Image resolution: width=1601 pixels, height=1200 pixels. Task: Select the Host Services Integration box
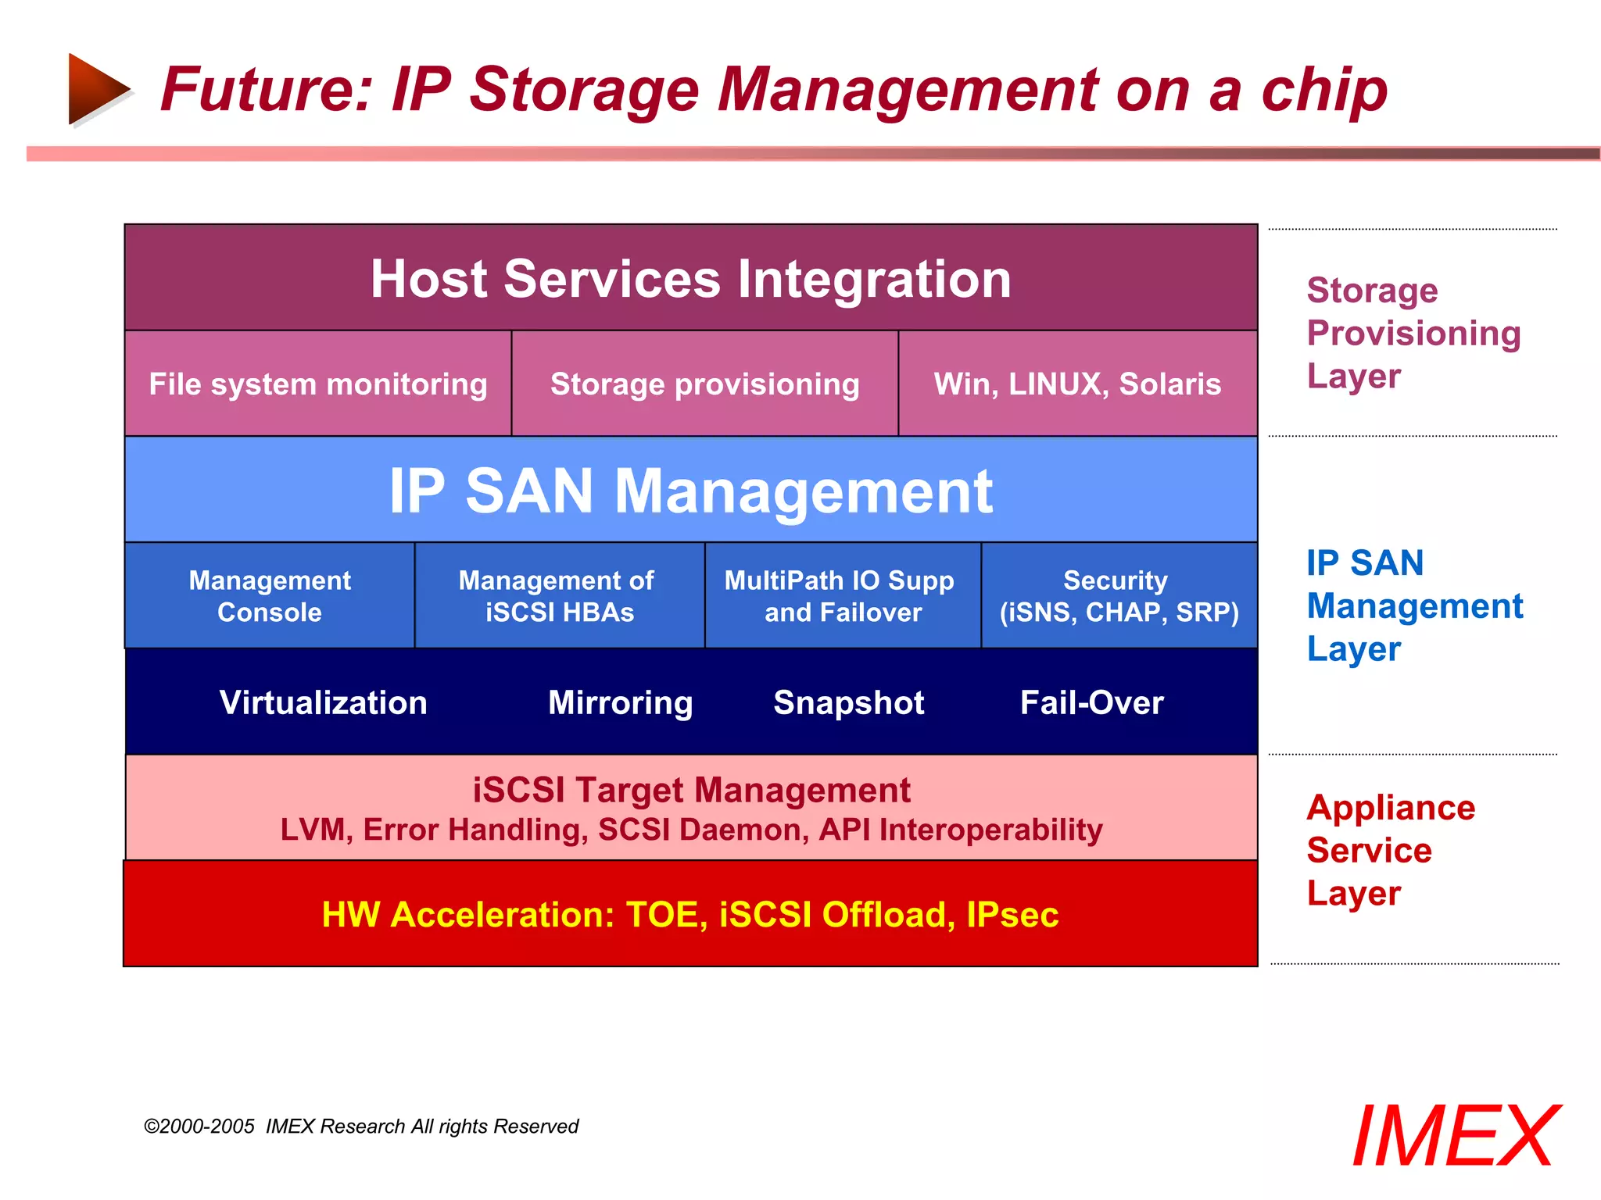click(x=691, y=279)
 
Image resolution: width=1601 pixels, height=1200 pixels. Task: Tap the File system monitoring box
click(x=318, y=384)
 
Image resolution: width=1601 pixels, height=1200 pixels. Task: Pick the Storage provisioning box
click(x=704, y=384)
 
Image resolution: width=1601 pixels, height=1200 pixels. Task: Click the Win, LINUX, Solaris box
click(x=1077, y=384)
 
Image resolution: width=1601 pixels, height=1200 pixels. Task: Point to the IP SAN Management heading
click(x=691, y=491)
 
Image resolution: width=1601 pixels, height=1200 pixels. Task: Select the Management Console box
click(x=270, y=595)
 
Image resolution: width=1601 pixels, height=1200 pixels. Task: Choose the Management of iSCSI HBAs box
click(x=559, y=595)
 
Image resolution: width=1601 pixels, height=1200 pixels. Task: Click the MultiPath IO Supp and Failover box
click(x=842, y=595)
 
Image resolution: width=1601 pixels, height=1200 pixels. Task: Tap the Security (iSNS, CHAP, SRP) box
click(x=1119, y=595)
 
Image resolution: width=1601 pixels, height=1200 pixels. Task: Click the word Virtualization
click(x=324, y=702)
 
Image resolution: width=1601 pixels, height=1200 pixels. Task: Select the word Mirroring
click(x=620, y=702)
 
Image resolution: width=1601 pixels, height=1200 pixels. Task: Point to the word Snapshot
click(x=849, y=702)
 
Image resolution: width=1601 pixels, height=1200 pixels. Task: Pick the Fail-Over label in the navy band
click(x=1091, y=702)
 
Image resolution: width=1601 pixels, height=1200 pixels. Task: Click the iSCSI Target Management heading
click(x=691, y=790)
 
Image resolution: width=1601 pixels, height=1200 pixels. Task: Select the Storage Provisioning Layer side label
click(x=1413, y=333)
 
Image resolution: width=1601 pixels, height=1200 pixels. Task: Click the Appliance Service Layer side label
click(x=1390, y=850)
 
